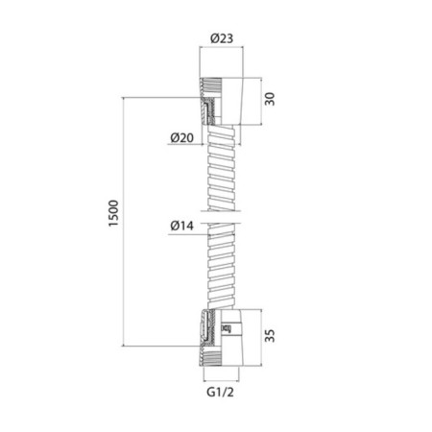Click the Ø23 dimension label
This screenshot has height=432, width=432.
click(222, 38)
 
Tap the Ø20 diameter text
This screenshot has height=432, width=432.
click(182, 138)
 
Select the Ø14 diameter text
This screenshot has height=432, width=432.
click(182, 226)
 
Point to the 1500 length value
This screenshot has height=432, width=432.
click(113, 213)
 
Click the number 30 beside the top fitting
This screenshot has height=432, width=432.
click(270, 99)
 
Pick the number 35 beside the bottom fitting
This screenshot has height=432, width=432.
click(270, 336)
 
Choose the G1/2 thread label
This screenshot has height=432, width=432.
click(220, 392)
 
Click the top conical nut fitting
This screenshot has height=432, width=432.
click(221, 101)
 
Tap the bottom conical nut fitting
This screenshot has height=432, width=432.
click(221, 337)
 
